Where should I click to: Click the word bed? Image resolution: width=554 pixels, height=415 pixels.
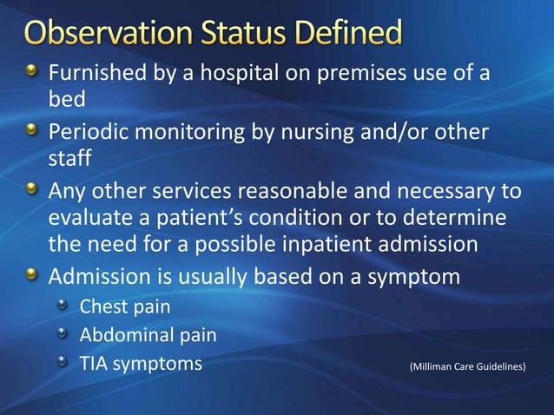click(x=66, y=100)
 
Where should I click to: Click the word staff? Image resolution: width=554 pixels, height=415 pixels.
click(x=69, y=160)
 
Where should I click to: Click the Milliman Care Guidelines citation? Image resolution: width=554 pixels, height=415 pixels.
click(x=467, y=367)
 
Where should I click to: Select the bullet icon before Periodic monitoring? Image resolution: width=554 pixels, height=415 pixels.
click(x=32, y=131)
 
